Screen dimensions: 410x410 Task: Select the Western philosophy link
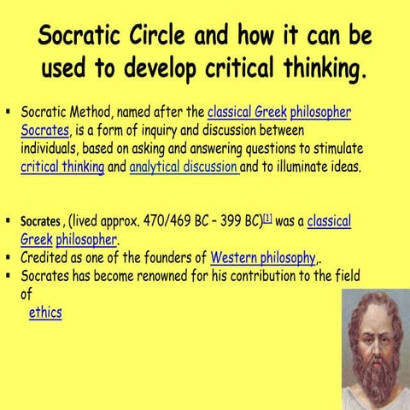tap(262, 257)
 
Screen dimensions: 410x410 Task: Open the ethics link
tap(45, 313)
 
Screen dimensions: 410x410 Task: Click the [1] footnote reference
tap(266, 219)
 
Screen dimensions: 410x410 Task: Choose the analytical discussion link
tap(183, 167)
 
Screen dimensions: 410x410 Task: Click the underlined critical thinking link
tap(62, 167)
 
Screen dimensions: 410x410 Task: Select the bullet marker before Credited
tap(7, 256)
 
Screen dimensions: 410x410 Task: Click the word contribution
tap(266, 276)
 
